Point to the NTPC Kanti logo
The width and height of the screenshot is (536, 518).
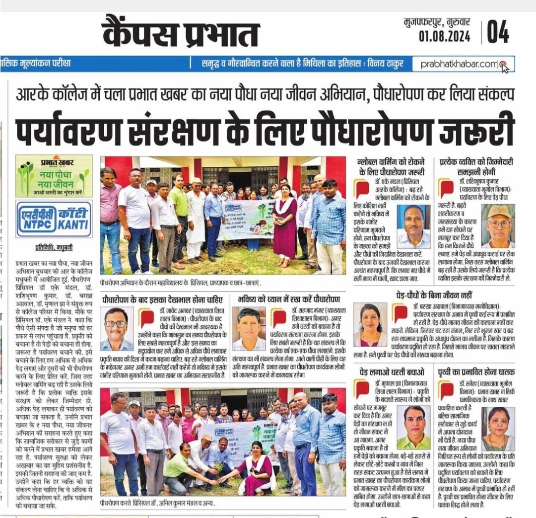(x=54, y=219)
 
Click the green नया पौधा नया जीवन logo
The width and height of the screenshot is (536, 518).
(x=54, y=176)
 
